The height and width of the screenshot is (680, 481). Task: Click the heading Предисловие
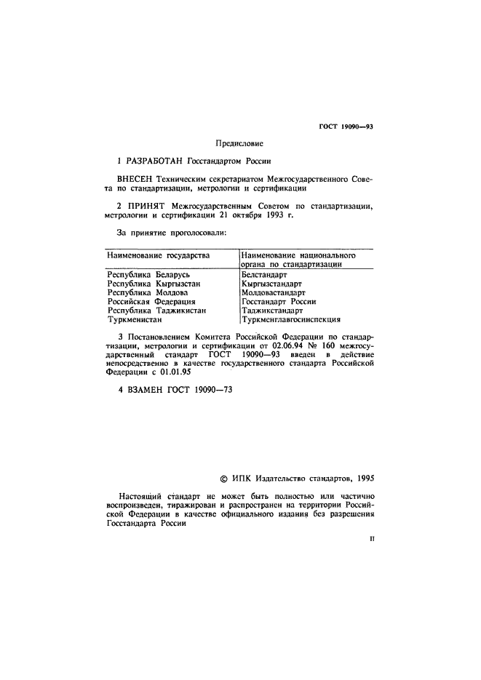pos(239,144)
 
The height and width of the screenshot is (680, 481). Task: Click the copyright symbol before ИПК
pos(223,479)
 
